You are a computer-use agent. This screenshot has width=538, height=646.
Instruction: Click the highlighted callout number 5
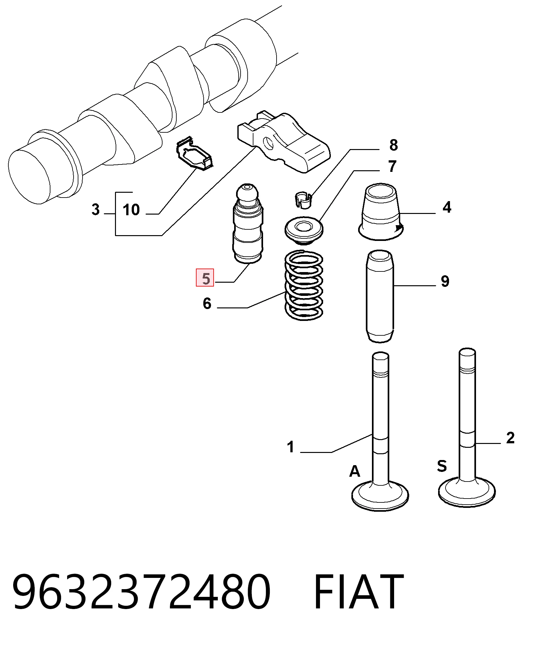click(x=205, y=278)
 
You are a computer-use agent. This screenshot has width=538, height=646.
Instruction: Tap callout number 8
click(x=393, y=145)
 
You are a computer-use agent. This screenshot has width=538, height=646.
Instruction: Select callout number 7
click(x=392, y=166)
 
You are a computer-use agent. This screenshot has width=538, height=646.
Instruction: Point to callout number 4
click(x=447, y=208)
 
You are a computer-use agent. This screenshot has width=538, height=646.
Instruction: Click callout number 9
click(x=445, y=281)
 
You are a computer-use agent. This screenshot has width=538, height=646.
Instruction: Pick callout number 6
click(x=207, y=303)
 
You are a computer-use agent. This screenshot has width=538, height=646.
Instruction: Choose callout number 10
click(x=131, y=210)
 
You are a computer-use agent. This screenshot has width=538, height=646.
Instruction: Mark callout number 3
click(x=95, y=209)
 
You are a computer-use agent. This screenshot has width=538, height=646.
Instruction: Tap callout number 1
click(x=291, y=447)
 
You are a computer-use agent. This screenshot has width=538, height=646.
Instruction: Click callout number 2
click(x=510, y=438)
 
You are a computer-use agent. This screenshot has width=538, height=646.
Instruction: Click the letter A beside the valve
click(x=355, y=471)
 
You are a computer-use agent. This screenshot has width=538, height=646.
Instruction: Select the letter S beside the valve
click(x=442, y=466)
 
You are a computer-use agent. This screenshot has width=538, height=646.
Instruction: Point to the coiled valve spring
click(x=304, y=285)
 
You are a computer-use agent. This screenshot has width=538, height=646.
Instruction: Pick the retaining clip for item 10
click(x=195, y=154)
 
